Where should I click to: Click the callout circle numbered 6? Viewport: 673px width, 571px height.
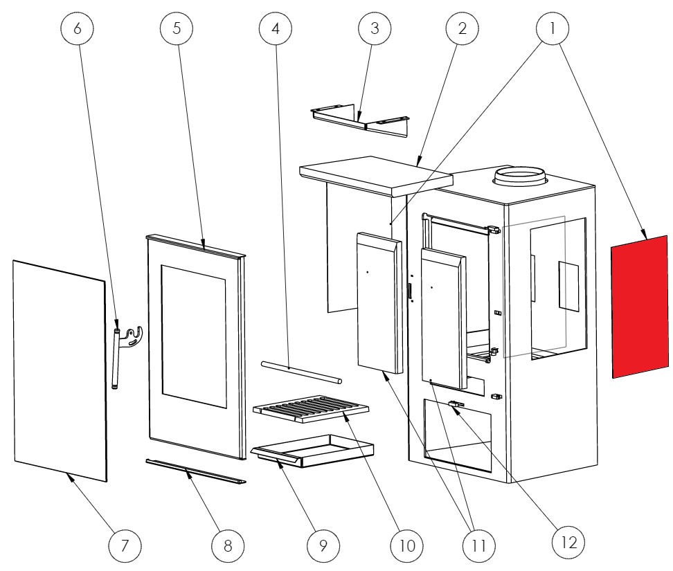coord(78,28)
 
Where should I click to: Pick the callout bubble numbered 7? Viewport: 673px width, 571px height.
coord(125,545)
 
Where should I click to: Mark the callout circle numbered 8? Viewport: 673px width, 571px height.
coord(228,545)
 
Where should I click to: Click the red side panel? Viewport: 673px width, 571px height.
coord(639,307)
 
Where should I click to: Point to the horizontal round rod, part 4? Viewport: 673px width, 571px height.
coord(300,372)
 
